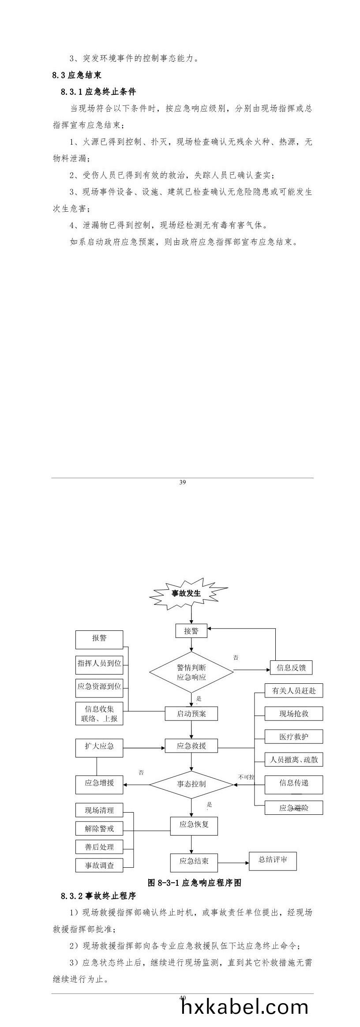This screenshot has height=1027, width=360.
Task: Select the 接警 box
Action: [191, 631]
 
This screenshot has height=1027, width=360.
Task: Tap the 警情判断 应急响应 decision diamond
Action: [191, 672]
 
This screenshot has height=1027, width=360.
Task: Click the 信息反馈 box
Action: [291, 667]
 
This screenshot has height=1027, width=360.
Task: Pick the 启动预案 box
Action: [191, 713]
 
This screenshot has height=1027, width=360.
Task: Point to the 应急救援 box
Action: [191, 746]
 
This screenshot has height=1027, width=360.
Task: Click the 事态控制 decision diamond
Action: [191, 784]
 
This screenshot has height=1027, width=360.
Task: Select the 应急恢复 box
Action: [194, 824]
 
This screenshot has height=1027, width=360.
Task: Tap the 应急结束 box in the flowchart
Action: [194, 861]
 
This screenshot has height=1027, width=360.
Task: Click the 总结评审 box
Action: [273, 859]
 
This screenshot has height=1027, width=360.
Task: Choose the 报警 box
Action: [99, 638]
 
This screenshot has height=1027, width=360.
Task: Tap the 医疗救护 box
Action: [294, 736]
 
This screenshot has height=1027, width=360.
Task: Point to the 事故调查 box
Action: [99, 866]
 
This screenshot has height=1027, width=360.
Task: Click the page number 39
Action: [182, 482]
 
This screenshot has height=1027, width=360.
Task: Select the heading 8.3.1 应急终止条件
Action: [98, 92]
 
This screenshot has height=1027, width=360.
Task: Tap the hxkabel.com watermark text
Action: [245, 1007]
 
